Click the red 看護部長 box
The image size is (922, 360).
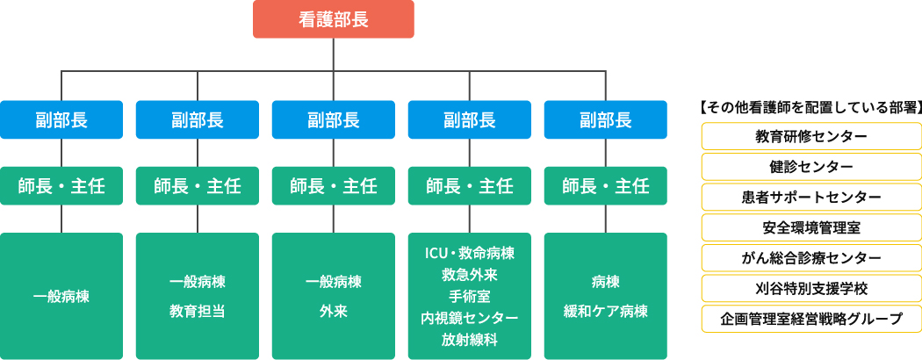(333, 19)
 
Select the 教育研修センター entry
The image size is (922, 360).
(811, 137)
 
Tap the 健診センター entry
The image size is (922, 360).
(811, 167)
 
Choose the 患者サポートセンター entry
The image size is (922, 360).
(811, 198)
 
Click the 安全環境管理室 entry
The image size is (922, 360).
(811, 227)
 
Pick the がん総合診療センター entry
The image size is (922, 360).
(811, 257)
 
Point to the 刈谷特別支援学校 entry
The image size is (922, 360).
(811, 288)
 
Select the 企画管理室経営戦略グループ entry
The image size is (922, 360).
(811, 318)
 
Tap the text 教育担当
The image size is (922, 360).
(198, 311)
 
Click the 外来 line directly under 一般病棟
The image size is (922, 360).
(333, 311)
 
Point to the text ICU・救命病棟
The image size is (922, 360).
(469, 254)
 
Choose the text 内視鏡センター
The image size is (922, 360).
(469, 317)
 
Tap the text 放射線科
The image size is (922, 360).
(469, 338)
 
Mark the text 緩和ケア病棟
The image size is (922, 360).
(605, 311)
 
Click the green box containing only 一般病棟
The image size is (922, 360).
(61, 296)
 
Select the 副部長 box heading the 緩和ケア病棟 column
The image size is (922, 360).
(605, 119)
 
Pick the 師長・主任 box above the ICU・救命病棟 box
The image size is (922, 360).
(469, 185)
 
